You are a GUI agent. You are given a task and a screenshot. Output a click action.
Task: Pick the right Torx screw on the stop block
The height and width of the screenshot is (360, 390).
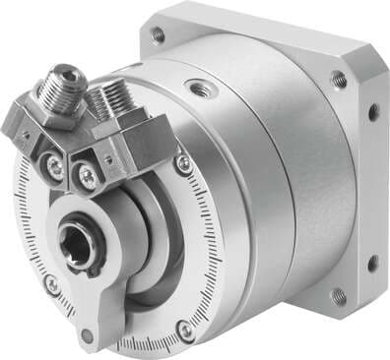click(x=90, y=175)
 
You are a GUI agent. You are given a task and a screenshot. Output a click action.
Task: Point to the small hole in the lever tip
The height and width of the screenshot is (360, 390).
click(x=87, y=334)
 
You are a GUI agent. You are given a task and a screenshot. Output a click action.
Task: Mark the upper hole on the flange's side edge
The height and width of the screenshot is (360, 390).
click(x=373, y=113)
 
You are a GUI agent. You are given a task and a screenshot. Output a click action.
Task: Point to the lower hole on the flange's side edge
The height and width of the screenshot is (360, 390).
click(x=372, y=263)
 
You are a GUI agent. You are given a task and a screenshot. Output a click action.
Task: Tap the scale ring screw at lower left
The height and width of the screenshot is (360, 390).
click(x=51, y=286)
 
